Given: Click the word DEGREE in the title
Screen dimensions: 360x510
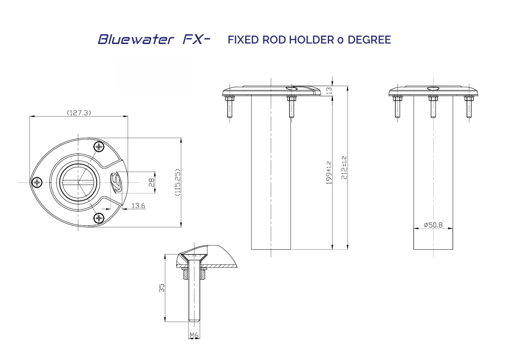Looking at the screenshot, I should pos(369,40).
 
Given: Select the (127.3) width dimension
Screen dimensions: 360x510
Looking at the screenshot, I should pos(79,113).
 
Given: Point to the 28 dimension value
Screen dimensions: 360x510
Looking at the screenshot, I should pos(151,183).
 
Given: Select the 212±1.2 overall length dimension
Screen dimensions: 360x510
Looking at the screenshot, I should pos(344,167).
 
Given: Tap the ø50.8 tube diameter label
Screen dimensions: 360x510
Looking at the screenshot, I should pos(433,225).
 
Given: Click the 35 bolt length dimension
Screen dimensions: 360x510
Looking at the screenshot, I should pos(162,288).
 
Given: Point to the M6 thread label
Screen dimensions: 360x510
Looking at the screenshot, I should pos(194,335).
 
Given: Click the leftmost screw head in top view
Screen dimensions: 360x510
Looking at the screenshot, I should pos(37,182).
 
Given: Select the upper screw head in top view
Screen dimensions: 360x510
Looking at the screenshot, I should pos(100,147).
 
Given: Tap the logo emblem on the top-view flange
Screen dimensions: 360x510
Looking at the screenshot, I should pos(116,180).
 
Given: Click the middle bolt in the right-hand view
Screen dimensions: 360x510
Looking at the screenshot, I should pos(433,106).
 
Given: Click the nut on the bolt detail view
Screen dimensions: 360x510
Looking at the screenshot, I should pos(194,274).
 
